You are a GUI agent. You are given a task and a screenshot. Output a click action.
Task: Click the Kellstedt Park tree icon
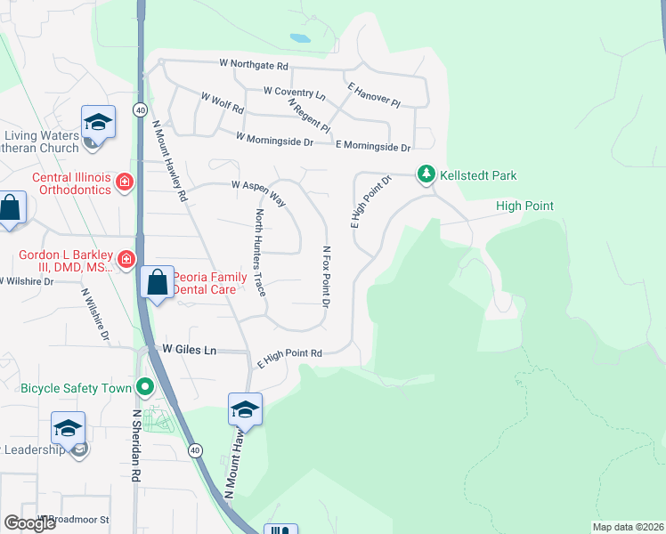(426, 175)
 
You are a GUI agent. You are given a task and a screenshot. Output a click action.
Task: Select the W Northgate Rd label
(255, 65)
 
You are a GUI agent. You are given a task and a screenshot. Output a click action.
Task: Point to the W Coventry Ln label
(295, 92)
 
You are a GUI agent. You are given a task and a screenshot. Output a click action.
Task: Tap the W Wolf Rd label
(222, 102)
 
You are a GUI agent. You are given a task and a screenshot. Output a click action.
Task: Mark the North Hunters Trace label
(260, 253)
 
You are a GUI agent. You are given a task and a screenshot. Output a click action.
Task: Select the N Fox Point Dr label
(326, 277)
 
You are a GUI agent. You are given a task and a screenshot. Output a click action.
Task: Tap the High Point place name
(524, 206)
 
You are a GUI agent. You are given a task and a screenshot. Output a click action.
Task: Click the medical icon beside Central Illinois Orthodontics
(126, 183)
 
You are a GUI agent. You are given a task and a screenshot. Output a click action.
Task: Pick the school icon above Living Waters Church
(98, 120)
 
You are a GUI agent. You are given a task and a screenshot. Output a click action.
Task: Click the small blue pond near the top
(300, 38)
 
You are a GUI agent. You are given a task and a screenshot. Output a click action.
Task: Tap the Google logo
(29, 522)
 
